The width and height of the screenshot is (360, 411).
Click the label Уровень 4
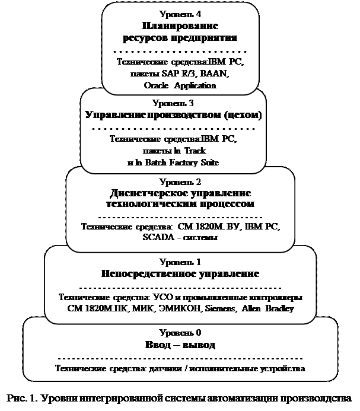click(x=180, y=14)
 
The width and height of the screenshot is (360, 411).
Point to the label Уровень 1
click(x=180, y=262)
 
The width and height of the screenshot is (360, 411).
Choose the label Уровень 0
click(x=180, y=333)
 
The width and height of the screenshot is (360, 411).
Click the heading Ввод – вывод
click(x=180, y=345)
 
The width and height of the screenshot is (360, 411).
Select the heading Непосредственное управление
click(x=180, y=274)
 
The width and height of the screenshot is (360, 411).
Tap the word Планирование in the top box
click(x=180, y=26)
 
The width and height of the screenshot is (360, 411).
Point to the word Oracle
click(x=155, y=85)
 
